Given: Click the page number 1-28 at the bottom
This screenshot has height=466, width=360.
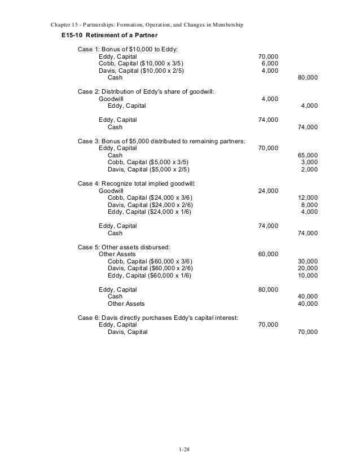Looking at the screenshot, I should click(x=180, y=450).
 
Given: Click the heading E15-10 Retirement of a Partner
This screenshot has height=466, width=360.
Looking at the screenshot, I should click(x=106, y=36).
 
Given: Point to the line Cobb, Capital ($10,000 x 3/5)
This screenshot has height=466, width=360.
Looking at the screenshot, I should click(x=141, y=64).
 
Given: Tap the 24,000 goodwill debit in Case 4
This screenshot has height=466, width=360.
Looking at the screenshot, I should click(x=267, y=191).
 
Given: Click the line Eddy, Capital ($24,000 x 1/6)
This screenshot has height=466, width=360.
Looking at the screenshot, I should click(x=149, y=212).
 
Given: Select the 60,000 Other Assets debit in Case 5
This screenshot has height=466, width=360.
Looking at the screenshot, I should click(x=267, y=254).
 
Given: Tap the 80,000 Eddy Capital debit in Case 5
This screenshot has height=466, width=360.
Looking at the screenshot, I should click(x=267, y=289).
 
